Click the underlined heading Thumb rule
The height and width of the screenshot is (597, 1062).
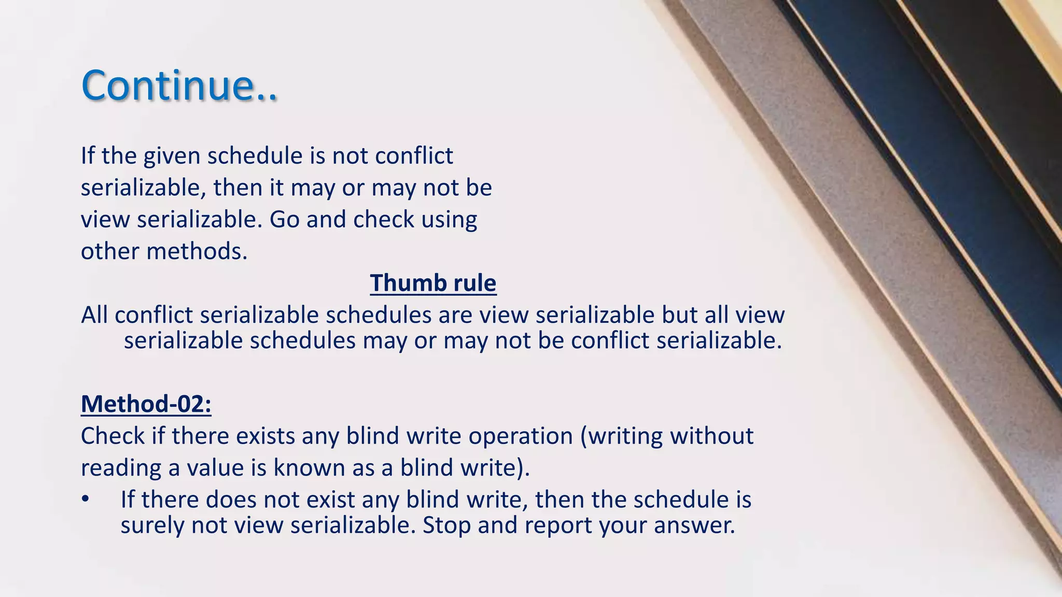click(433, 283)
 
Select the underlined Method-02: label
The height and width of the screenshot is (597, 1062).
click(146, 404)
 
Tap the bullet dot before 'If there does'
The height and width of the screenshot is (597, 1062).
click(86, 500)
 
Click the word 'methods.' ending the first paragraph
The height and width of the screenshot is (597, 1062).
click(197, 252)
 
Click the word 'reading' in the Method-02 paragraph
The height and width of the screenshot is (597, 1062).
click(121, 468)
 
